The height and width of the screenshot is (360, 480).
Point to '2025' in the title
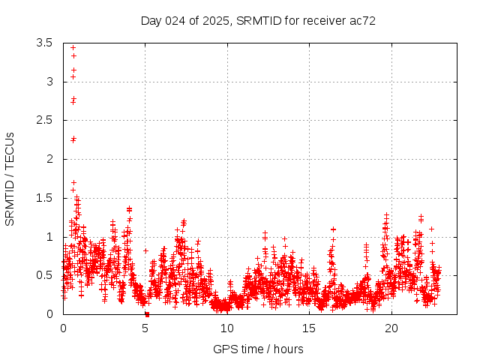point(214,21)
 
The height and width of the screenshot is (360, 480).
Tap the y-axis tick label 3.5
point(44,43)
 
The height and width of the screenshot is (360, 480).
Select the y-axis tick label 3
point(49,82)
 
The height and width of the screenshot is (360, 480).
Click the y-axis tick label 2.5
point(44,120)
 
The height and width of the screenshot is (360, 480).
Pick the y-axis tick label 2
point(49,159)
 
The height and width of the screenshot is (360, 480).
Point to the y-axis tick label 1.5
point(44,198)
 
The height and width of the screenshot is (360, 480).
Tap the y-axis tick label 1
point(49,237)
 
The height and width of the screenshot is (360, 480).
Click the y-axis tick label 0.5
point(44,275)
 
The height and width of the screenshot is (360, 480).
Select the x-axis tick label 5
point(145,328)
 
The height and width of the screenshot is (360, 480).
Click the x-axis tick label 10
point(227,328)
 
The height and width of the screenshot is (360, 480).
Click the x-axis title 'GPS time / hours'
point(259,349)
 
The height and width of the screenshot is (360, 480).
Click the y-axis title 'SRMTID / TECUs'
point(10,178)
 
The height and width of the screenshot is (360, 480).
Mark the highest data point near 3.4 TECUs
point(73,47)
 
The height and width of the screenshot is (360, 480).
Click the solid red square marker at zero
point(147,314)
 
